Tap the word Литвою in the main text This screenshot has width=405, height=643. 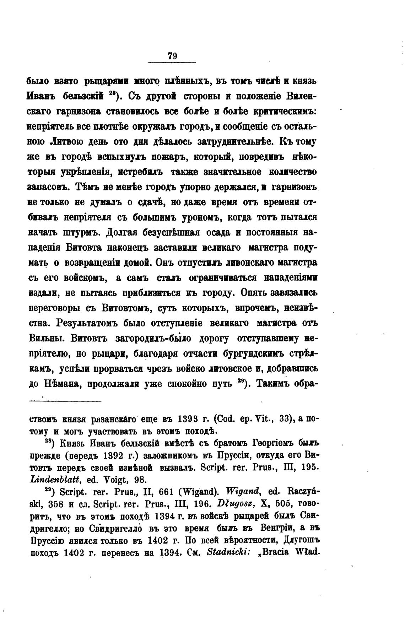pos(67,142)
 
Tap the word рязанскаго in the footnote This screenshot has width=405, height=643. pos(110,419)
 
